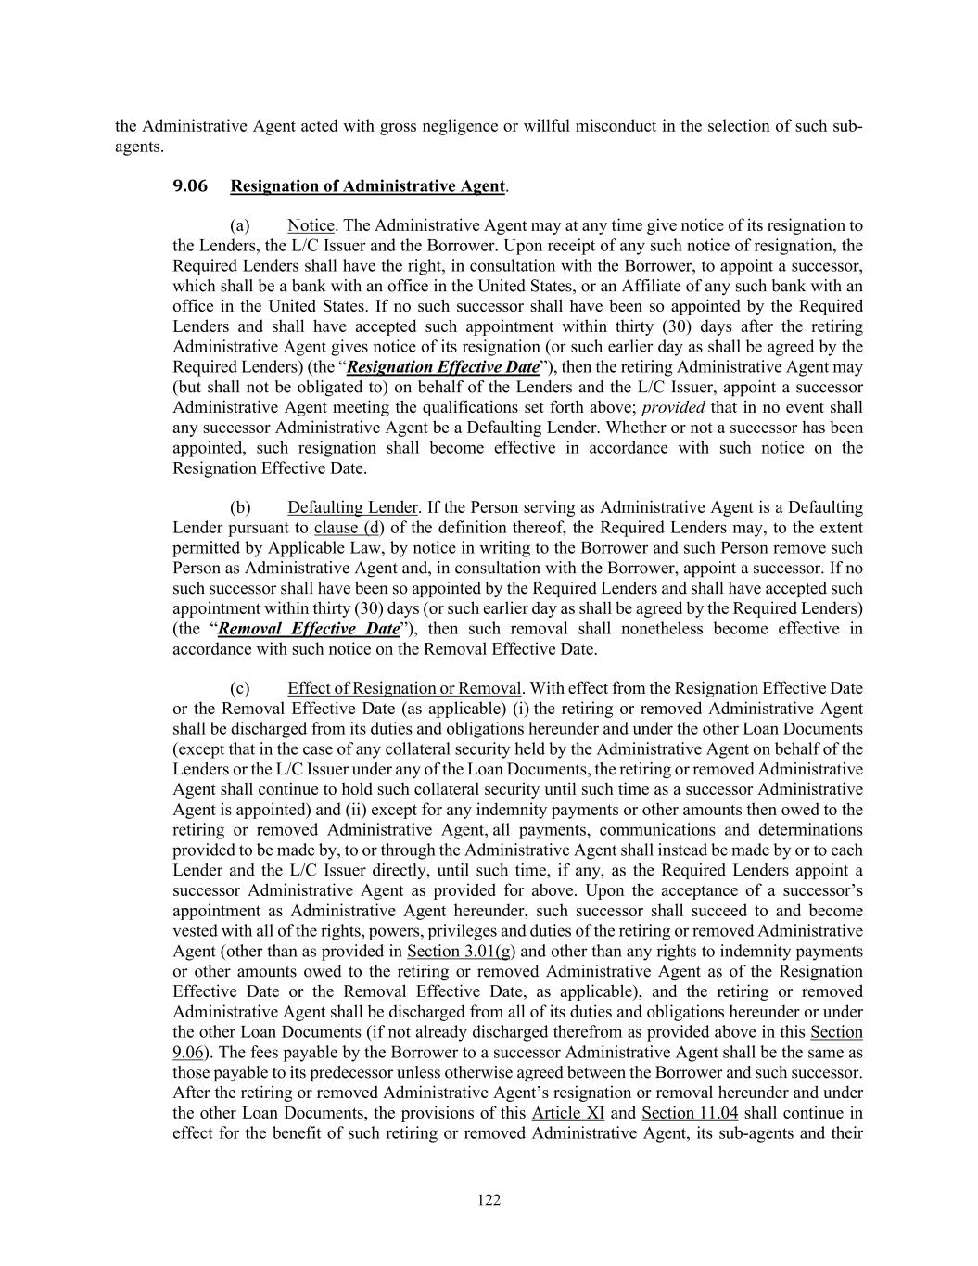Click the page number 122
coord(489,1200)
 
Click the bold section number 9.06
coord(190,185)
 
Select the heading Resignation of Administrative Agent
coord(367,185)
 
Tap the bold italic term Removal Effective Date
coord(309,629)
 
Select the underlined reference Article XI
coord(568,1113)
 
